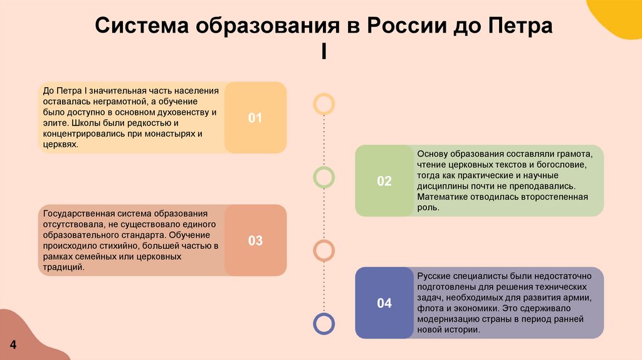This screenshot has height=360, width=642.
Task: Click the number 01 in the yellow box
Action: pos(255,118)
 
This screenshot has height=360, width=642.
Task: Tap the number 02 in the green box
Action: pos(384,181)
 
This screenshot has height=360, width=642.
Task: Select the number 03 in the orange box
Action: pos(255,241)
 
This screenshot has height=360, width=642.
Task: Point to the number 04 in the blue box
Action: pos(384,304)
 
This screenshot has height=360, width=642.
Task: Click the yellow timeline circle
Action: pos(324,103)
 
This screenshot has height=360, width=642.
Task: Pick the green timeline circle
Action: pos(324,177)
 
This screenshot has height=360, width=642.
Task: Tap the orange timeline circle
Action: pos(324,250)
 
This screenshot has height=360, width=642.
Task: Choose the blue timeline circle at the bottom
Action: pos(324,323)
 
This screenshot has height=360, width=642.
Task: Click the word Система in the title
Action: pos(141,27)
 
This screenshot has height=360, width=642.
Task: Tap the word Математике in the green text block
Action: pos(439,197)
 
